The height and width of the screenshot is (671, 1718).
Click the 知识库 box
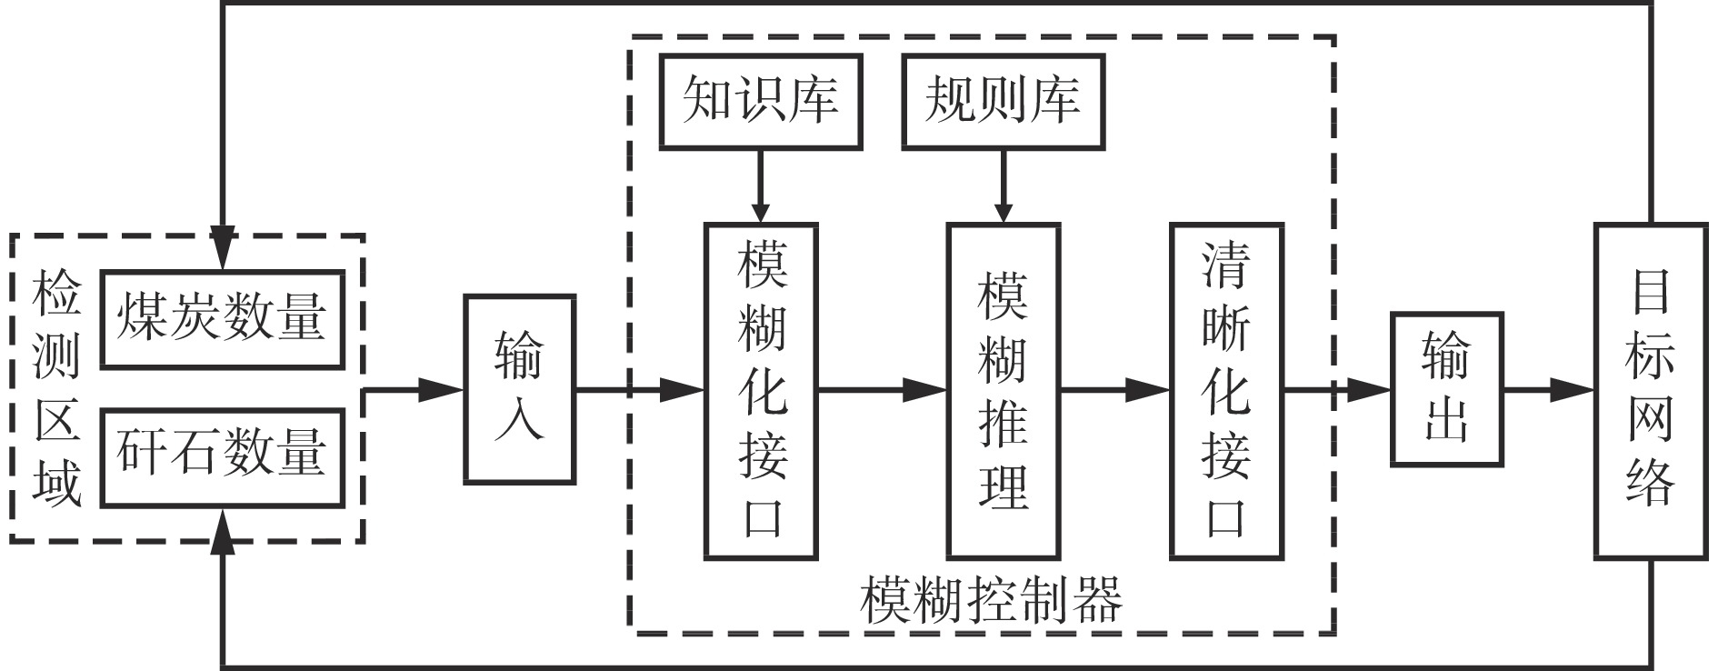tap(760, 101)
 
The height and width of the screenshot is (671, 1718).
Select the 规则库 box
tap(1003, 101)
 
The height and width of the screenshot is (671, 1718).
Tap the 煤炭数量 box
tap(222, 318)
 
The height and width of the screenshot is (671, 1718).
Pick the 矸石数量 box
tap(222, 457)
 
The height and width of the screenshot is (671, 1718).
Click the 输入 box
tap(519, 389)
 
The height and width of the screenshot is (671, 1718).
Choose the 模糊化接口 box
tap(761, 391)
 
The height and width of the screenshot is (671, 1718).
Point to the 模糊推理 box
tap(1004, 391)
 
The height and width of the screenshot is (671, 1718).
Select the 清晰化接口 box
tap(1226, 391)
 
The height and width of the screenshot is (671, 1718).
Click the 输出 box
tap(1446, 389)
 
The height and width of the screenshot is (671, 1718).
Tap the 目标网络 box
tap(1650, 391)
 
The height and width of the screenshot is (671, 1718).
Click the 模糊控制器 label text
tap(991, 600)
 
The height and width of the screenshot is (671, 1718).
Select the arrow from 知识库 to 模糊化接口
tap(761, 186)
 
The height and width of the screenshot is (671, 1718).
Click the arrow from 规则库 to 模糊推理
tap(1004, 186)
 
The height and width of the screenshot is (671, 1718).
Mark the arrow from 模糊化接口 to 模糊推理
tap(882, 391)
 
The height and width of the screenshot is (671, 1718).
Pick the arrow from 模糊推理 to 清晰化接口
tap(1115, 391)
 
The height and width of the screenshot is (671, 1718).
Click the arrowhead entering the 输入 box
tap(444, 391)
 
